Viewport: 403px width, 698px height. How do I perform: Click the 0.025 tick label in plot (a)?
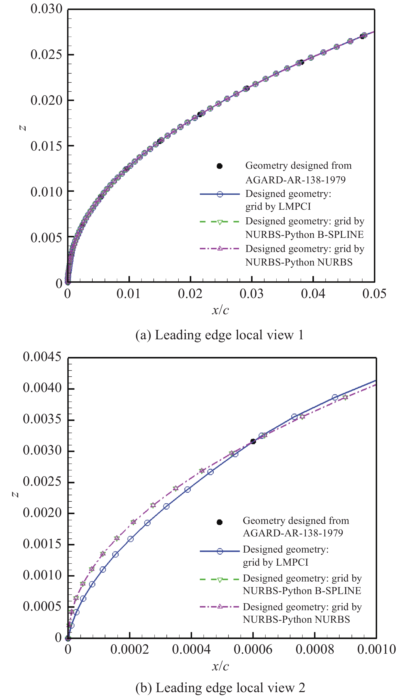click(x=47, y=55)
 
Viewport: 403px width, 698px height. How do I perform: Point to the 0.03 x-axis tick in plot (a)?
click(x=252, y=294)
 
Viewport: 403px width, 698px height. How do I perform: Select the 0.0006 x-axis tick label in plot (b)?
click(x=253, y=649)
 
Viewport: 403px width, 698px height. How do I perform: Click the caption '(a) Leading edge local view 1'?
click(x=220, y=335)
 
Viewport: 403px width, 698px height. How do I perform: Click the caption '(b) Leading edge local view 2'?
click(x=220, y=688)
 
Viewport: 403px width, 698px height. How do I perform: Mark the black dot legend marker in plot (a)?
click(x=220, y=166)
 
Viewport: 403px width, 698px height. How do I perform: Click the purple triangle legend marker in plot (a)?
click(x=220, y=248)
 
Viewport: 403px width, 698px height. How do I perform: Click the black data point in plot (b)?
click(x=253, y=441)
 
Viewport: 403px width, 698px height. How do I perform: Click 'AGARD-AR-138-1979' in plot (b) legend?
click(x=293, y=533)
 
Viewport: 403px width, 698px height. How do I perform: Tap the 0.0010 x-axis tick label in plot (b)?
click(x=376, y=649)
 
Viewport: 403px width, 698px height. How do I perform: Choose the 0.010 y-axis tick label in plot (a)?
click(x=47, y=192)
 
